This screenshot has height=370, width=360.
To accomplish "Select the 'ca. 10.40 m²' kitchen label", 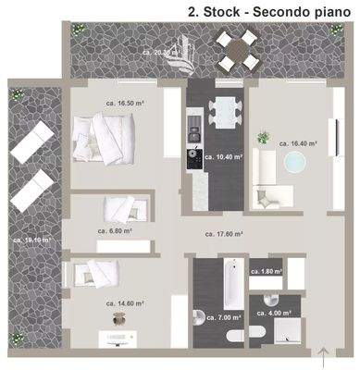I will [220, 158].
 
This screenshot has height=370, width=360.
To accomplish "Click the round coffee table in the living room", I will [295, 165].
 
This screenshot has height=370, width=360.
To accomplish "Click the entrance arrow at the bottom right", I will [322, 352].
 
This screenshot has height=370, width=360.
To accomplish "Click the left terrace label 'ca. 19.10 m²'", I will [31, 240].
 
